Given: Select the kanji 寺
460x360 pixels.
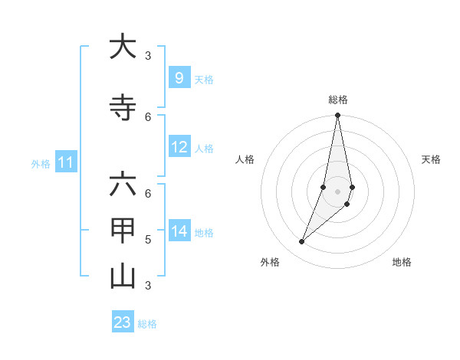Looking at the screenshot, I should pyautogui.click(x=123, y=108).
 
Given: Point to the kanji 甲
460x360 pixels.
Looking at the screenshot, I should pyautogui.click(x=123, y=231).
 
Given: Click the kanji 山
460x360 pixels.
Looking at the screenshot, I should pyautogui.click(x=123, y=277).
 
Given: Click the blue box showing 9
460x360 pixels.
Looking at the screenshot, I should pyautogui.click(x=179, y=77).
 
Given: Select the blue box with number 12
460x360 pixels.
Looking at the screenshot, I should pyautogui.click(x=179, y=147).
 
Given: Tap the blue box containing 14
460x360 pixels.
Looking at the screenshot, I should pyautogui.click(x=179, y=231).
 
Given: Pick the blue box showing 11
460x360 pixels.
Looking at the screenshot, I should pyautogui.click(x=66, y=162).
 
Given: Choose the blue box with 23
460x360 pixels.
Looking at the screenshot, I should pyautogui.click(x=123, y=322).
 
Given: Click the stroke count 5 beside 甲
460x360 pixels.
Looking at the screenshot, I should pyautogui.click(x=148, y=240).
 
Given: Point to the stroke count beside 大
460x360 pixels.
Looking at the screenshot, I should pyautogui.click(x=148, y=55).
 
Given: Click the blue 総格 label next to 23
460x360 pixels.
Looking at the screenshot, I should pyautogui.click(x=147, y=324).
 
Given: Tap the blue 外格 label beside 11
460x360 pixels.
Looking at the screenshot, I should pyautogui.click(x=41, y=163).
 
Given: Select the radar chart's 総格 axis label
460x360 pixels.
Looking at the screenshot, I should pyautogui.click(x=338, y=100).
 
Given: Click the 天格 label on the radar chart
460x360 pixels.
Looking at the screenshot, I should pyautogui.click(x=431, y=159).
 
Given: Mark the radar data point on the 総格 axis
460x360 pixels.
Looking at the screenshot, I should pyautogui.click(x=337, y=116).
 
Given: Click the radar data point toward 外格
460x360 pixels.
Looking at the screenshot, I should pyautogui.click(x=301, y=242).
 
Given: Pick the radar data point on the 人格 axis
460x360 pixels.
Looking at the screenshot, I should pyautogui.click(x=324, y=187).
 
